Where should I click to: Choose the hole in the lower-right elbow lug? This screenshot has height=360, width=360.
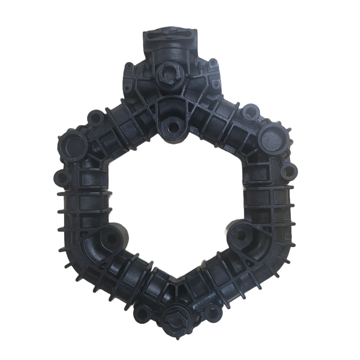(x=240, y=236)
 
